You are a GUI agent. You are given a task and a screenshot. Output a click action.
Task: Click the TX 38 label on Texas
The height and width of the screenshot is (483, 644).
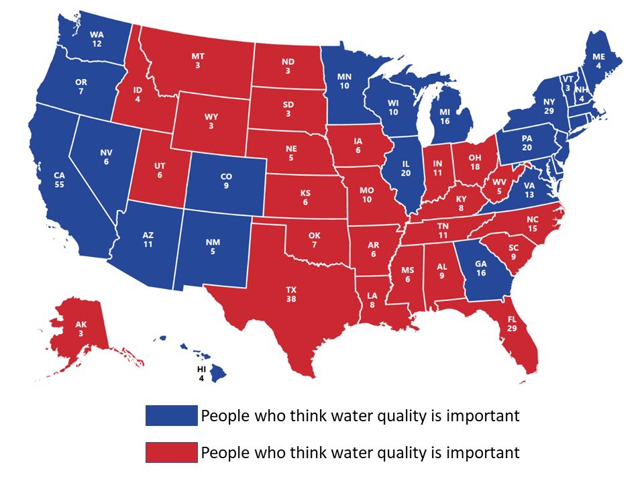click(291, 295)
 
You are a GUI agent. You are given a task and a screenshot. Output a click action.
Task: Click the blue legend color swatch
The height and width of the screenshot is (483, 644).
click(172, 415)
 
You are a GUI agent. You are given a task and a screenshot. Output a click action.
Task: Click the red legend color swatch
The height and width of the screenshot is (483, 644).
click(172, 452)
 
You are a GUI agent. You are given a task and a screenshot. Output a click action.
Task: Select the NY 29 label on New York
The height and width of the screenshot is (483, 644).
click(549, 105)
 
